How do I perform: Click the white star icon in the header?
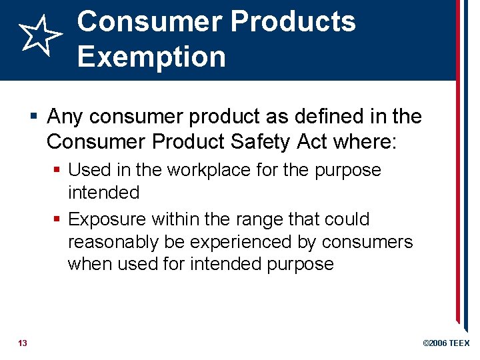[39, 37]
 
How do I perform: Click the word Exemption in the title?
[151, 56]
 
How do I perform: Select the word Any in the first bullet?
[65, 117]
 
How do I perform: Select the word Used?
[89, 170]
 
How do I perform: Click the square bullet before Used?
[58, 171]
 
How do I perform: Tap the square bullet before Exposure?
[58, 220]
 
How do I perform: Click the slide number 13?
[23, 343]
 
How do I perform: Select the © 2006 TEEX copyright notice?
[446, 343]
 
